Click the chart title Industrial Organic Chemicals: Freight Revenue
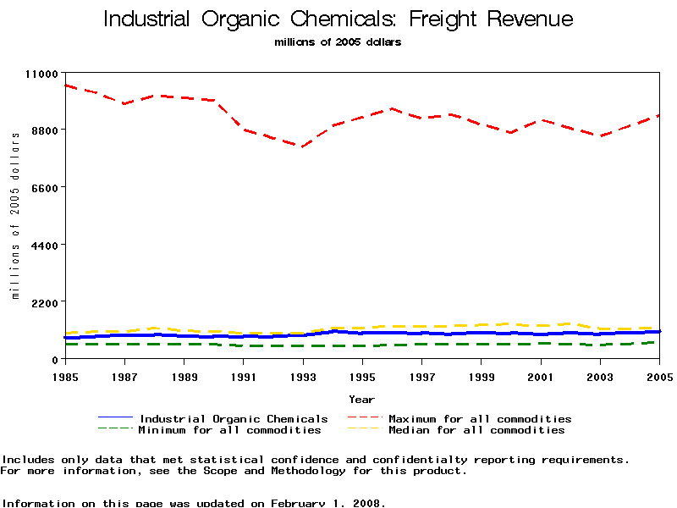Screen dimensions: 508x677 (338, 19)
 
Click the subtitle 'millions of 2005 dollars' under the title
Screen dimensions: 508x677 (338, 42)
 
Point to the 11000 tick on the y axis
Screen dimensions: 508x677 (41, 74)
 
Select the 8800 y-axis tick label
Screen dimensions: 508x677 (44, 130)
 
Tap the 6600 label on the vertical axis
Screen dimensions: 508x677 (44, 188)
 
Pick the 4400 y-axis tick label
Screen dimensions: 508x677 (44, 246)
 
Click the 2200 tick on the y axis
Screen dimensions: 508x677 (44, 302)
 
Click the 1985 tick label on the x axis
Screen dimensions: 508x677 (65, 375)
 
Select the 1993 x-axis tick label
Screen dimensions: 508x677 (303, 375)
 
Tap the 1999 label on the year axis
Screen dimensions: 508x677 (482, 375)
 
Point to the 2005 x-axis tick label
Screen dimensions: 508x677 (659, 375)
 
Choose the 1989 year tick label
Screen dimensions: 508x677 (184, 375)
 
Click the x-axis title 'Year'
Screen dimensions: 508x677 (361, 399)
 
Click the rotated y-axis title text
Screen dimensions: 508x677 (15, 217)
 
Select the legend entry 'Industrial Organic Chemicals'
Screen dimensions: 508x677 (234, 419)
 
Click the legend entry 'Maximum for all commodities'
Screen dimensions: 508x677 (480, 419)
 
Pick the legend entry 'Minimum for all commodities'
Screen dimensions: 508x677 (229, 430)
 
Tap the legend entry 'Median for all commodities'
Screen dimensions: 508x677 (476, 430)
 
